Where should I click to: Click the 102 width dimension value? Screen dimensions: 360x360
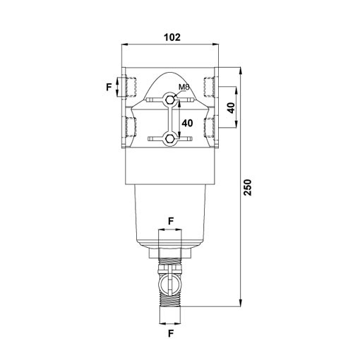[x=172, y=37]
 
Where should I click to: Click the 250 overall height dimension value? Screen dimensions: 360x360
[x=248, y=187]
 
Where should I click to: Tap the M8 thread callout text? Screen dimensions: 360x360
[x=184, y=87]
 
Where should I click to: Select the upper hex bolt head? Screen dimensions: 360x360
[x=169, y=100]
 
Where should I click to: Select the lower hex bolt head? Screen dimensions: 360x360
[x=169, y=139]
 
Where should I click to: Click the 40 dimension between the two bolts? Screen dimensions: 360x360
[x=187, y=123]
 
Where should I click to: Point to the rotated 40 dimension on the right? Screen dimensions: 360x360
[x=232, y=108]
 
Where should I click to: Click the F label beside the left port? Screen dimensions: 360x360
[x=109, y=87]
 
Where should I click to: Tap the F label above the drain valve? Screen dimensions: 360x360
[x=171, y=221]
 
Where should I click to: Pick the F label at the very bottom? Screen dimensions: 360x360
[x=171, y=334]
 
